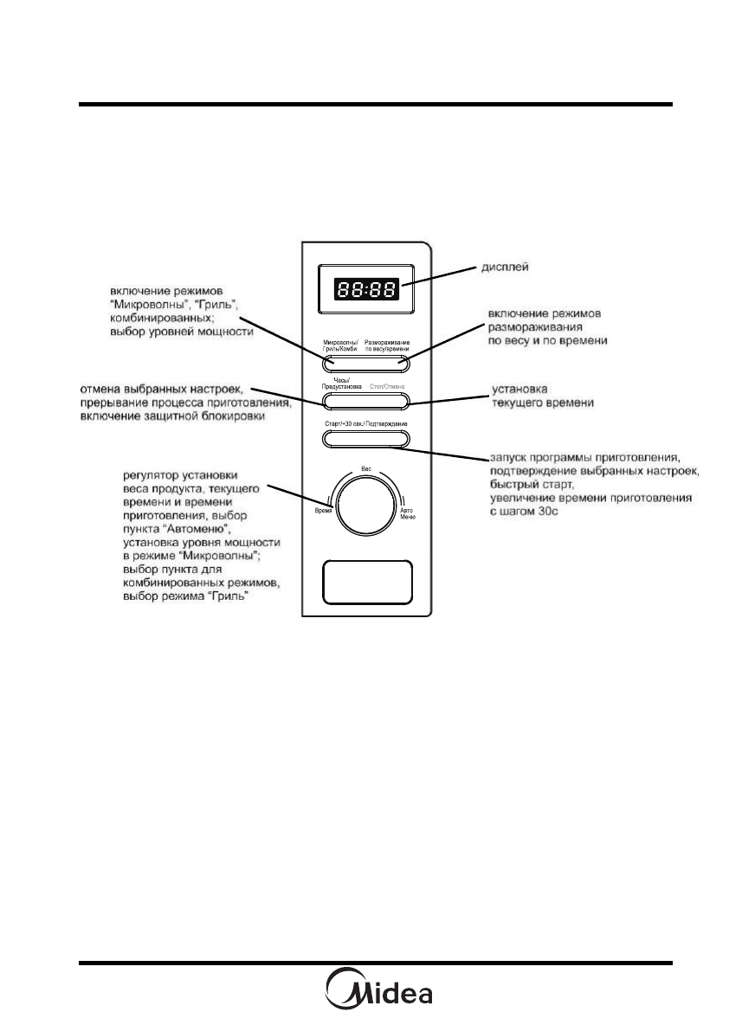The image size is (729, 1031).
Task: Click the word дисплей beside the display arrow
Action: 506,269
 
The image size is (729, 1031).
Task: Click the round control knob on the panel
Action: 365,506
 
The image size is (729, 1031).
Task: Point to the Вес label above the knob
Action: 365,468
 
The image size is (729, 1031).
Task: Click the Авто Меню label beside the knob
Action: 408,513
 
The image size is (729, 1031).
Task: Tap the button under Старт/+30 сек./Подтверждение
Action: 365,440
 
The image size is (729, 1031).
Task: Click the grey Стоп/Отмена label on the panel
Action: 388,387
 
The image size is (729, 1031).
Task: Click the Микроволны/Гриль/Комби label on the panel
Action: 340,345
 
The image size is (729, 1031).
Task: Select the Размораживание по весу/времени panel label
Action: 391,345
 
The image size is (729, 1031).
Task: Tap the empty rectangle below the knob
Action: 365,582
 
